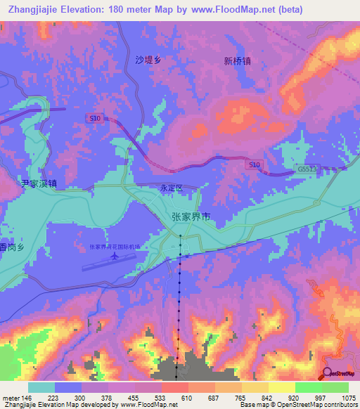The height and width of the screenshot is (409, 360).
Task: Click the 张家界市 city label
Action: pos(190,218)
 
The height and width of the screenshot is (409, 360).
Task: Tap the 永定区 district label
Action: pos(171,189)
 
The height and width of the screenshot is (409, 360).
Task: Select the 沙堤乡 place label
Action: pos(148,60)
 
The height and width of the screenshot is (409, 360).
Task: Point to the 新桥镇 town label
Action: pos(237,61)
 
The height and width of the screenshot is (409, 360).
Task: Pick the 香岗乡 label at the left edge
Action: pos(13,247)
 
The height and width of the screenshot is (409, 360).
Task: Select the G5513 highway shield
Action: pos(307,169)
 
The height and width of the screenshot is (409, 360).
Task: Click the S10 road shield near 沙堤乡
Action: pos(94,119)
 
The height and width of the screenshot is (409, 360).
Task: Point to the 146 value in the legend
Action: pos(27,398)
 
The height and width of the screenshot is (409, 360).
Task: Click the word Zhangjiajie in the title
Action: pos(32,8)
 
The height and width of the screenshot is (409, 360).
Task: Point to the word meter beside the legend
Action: pos(11,398)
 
